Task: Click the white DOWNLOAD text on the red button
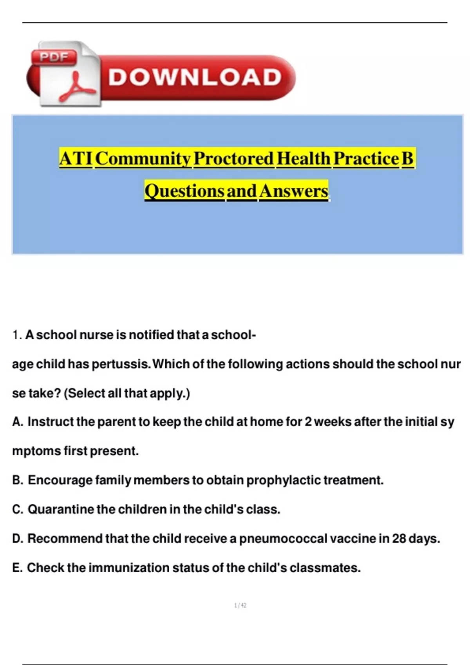195,77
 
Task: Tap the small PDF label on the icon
54,58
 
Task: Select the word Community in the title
143,159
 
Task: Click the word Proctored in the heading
233,159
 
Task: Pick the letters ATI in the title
76,159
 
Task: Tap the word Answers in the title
293,191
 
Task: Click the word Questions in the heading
184,191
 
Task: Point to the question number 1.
16,335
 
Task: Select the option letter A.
17,422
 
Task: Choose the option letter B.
17,480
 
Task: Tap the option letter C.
17,509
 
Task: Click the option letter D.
17,539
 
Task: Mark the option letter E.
16,568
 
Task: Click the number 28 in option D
399,539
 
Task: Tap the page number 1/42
240,606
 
